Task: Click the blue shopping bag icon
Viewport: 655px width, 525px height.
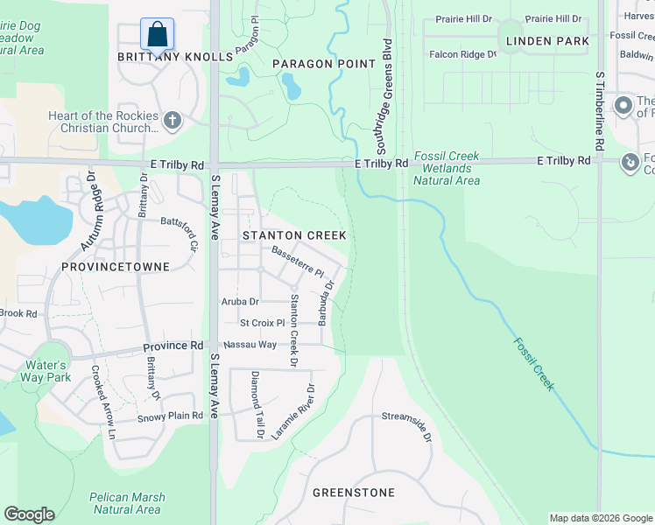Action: (157, 34)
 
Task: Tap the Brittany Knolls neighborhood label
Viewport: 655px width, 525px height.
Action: (176, 57)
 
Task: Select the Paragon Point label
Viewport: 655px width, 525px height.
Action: (323, 64)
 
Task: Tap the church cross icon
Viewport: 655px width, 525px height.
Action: (172, 120)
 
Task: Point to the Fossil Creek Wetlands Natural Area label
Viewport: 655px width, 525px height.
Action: (446, 168)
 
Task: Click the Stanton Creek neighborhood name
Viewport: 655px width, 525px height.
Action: (294, 235)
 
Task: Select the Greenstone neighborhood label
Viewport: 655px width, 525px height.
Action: (354, 493)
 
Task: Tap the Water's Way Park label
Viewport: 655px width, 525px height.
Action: (47, 371)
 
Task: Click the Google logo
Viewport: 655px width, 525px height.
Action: (29, 514)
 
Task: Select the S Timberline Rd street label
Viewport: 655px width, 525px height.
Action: (600, 110)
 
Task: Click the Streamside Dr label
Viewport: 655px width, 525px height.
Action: (407, 425)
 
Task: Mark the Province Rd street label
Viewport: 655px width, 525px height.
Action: (173, 346)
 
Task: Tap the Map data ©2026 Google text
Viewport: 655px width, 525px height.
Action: (600, 518)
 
